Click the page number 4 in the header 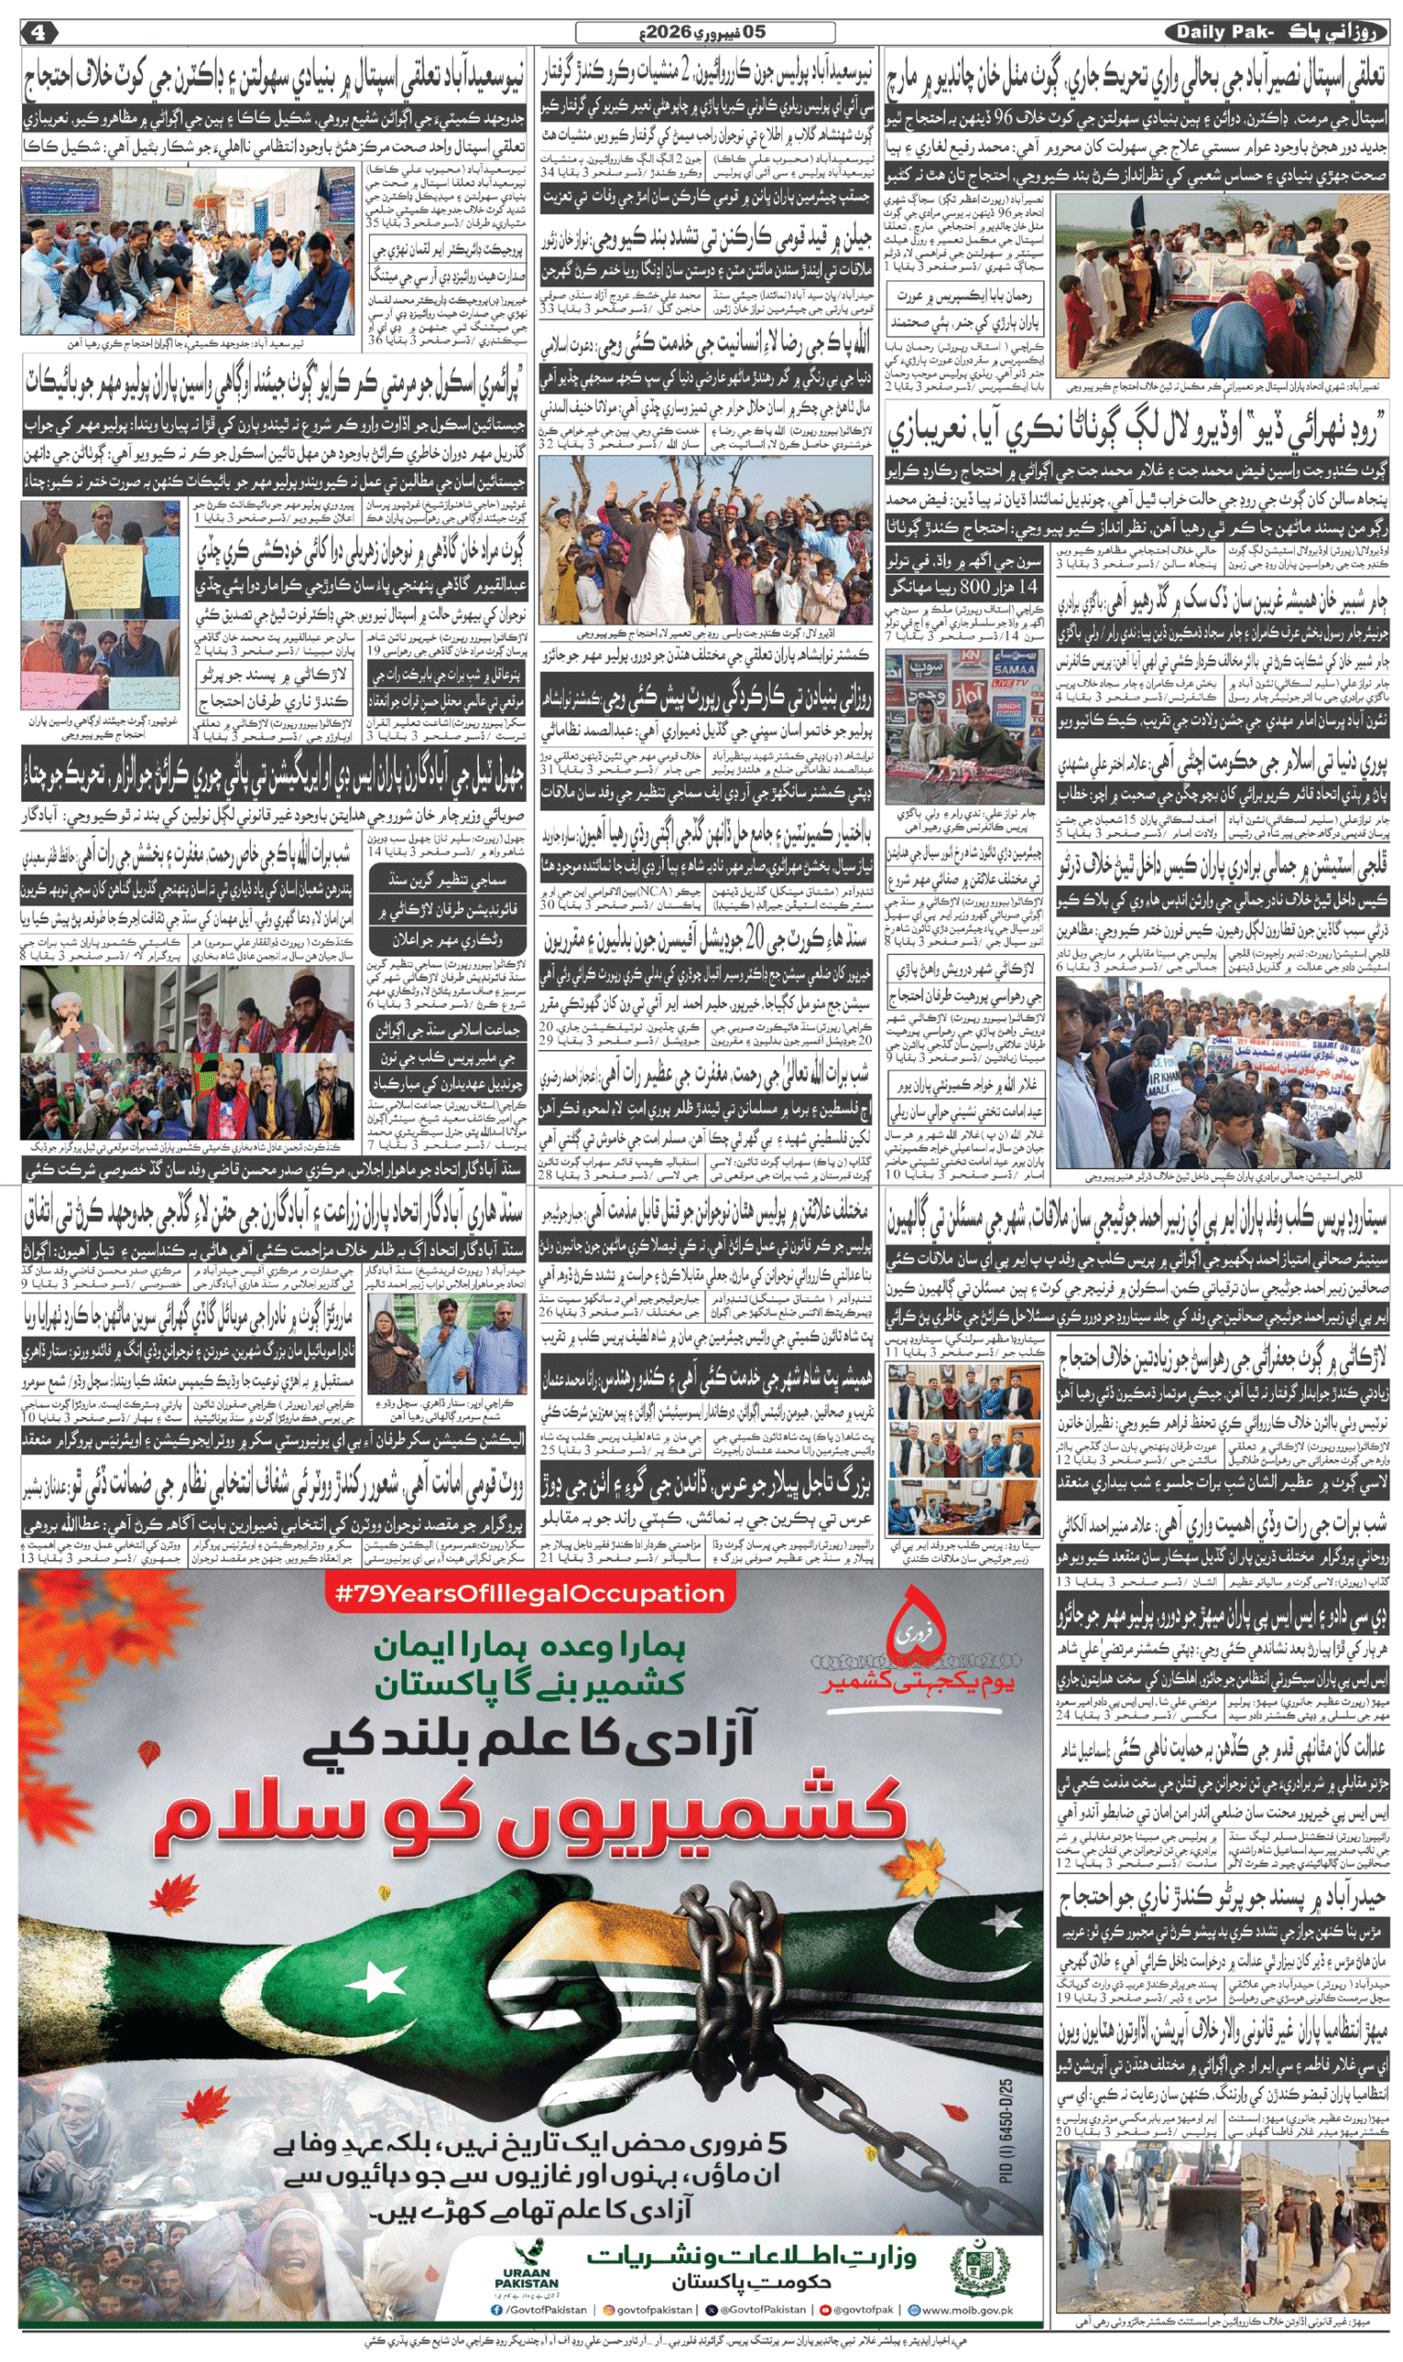pos(38,32)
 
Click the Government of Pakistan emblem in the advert pos(981,2269)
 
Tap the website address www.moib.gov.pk pos(960,2309)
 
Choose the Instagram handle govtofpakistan pos(648,2309)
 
